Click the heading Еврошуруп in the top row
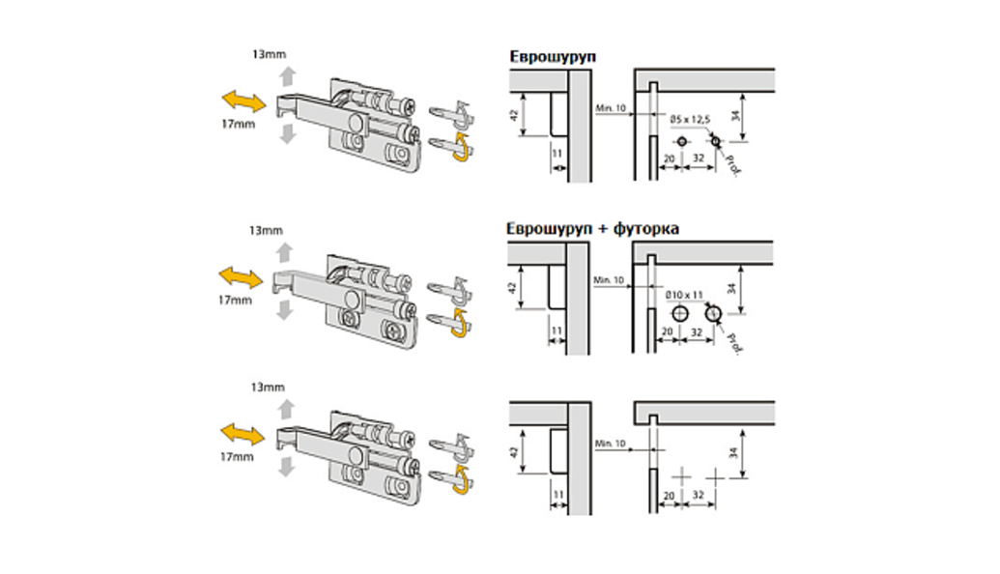coord(553,57)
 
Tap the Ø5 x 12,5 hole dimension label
coord(689,118)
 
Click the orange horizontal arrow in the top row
coord(243,100)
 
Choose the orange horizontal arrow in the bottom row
coord(242,431)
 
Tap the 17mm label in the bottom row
coord(236,454)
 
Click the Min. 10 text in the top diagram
coord(611,106)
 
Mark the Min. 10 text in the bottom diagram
coord(611,443)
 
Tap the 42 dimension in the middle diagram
coord(513,288)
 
